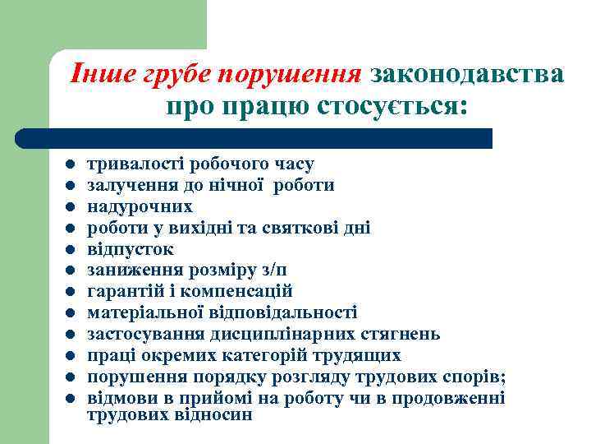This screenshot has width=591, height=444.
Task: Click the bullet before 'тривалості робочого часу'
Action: pyautogui.click(x=71, y=164)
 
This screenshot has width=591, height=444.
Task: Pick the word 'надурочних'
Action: pyautogui.click(x=140, y=206)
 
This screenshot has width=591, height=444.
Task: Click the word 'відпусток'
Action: pyautogui.click(x=131, y=249)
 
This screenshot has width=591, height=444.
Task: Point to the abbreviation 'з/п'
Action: pyautogui.click(x=273, y=271)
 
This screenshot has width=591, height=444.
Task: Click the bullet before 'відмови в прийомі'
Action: pyautogui.click(x=71, y=399)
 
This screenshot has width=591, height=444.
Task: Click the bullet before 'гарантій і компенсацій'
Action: pyautogui.click(x=71, y=292)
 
